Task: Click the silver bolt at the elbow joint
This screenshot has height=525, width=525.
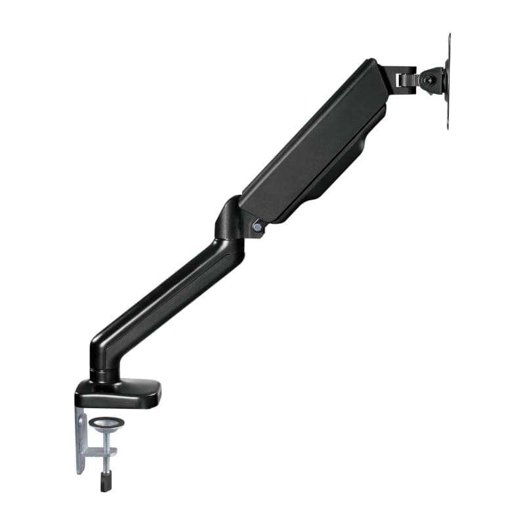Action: coord(257,227)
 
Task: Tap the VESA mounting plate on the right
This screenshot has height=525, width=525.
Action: coord(448,82)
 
